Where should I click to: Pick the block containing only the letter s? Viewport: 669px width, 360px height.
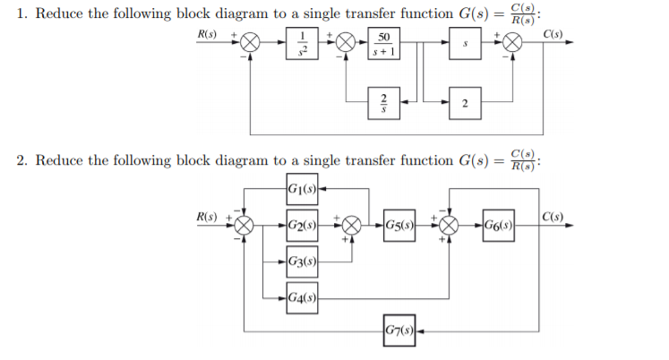coord(463,43)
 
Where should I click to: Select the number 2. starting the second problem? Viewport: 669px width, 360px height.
coord(21,160)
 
